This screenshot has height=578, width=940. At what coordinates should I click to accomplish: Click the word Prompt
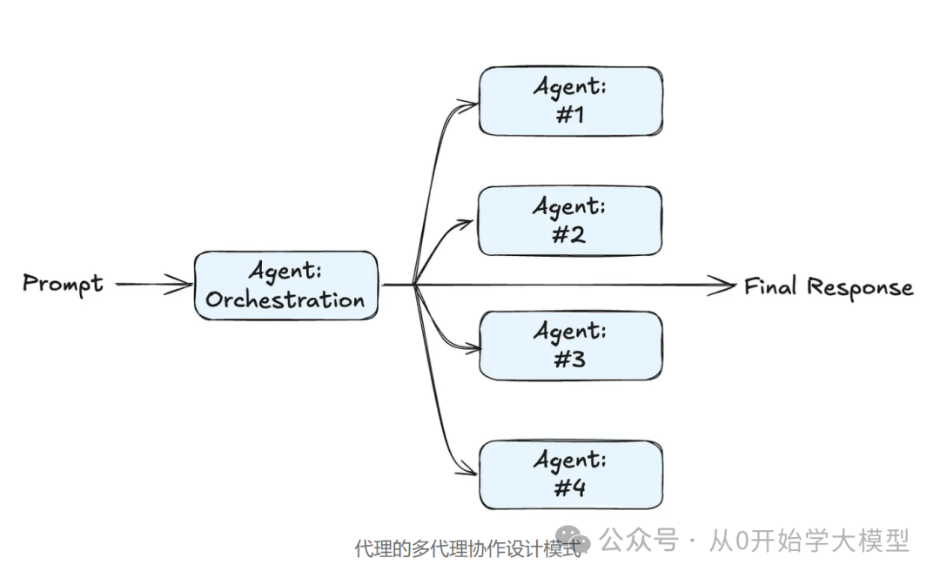click(63, 284)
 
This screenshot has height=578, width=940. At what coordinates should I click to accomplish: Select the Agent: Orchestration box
click(285, 286)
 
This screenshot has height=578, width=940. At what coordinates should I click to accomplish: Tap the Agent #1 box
click(570, 101)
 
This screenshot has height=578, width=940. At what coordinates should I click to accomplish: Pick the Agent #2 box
click(570, 220)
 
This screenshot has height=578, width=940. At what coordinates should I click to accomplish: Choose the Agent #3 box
click(570, 346)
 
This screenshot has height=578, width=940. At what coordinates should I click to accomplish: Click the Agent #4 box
click(570, 474)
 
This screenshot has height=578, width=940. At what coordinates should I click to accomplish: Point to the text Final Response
click(829, 286)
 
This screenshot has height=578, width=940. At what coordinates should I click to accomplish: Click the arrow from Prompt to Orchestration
click(153, 284)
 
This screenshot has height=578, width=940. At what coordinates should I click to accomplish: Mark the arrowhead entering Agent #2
click(471, 223)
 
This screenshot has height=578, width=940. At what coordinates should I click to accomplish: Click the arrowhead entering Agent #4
click(471, 474)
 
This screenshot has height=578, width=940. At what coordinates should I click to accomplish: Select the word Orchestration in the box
click(285, 300)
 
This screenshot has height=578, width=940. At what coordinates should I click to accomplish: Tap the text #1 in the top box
click(570, 114)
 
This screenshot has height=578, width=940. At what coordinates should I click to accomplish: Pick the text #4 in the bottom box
click(570, 487)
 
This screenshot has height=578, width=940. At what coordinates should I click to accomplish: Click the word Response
click(860, 287)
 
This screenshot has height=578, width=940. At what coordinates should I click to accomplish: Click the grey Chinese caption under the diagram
click(467, 549)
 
